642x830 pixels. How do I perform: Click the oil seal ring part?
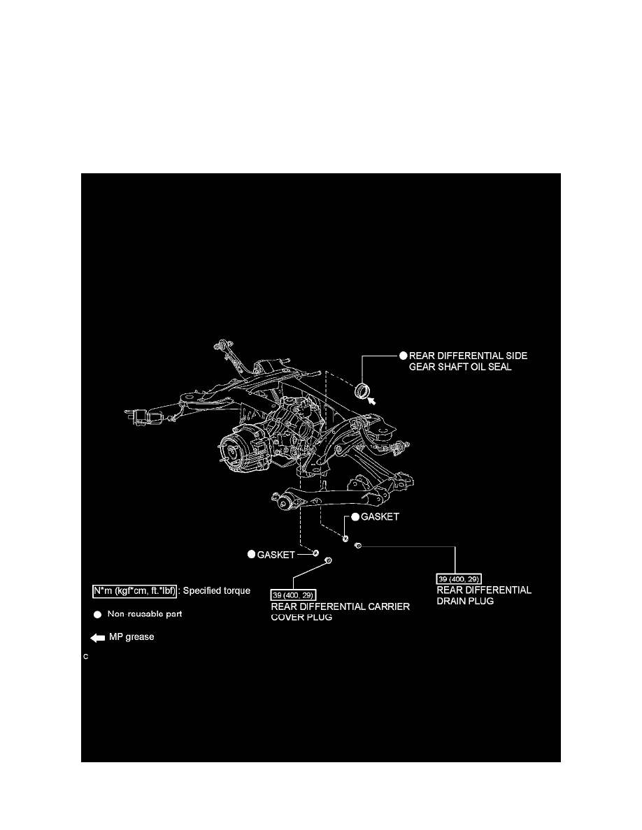click(364, 390)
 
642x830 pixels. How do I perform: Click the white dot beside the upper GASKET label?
click(355, 517)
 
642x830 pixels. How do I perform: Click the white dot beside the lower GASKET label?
click(252, 554)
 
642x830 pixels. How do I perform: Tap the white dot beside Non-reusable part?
click(98, 616)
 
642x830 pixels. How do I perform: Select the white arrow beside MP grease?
click(97, 638)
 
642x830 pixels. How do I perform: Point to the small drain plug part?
click(357, 545)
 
